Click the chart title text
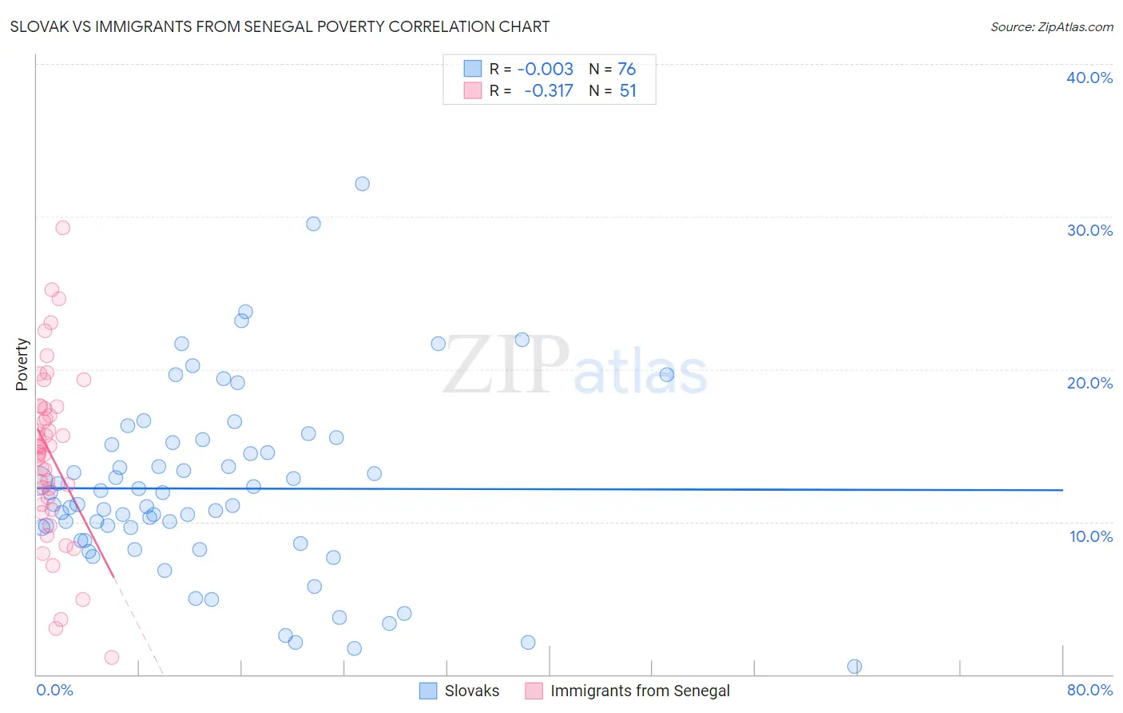pyautogui.click(x=280, y=26)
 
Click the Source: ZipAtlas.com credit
pyautogui.click(x=1051, y=26)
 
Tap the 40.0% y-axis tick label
pyautogui.click(x=1089, y=78)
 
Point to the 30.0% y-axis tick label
pyautogui.click(x=1089, y=230)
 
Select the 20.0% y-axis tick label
pyautogui.click(x=1089, y=383)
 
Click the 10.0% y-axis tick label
pyautogui.click(x=1090, y=536)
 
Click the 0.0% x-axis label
pyautogui.click(x=54, y=690)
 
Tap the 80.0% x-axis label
pyautogui.click(x=1089, y=690)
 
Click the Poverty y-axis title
pyautogui.click(x=22, y=364)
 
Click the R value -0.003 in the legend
pyautogui.click(x=546, y=69)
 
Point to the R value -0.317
pyautogui.click(x=549, y=90)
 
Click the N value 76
pyautogui.click(x=626, y=69)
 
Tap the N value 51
pyautogui.click(x=628, y=90)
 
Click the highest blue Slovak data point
pyautogui.click(x=362, y=184)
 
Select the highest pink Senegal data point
pyautogui.click(x=62, y=228)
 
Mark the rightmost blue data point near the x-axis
pyautogui.click(x=854, y=667)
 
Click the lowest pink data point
pyautogui.click(x=112, y=657)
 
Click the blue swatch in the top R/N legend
pyautogui.click(x=473, y=69)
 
